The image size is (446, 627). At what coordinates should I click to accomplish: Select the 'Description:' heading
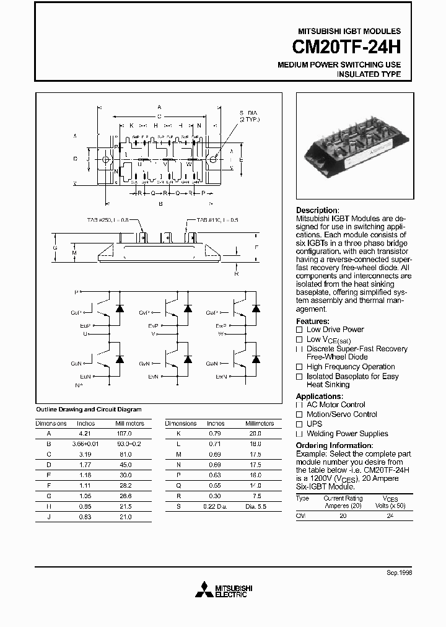[x=318, y=211]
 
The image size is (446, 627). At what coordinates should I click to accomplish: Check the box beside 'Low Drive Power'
[x=299, y=330]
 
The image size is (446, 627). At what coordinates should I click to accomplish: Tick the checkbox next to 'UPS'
[x=299, y=424]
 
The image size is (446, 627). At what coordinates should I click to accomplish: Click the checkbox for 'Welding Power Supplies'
[x=299, y=434]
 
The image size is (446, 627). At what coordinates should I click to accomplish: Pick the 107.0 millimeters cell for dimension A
[x=129, y=434]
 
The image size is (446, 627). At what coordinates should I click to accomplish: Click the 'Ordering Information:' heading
[x=334, y=445]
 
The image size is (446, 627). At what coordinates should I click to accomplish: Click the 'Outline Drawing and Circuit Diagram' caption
[x=89, y=410]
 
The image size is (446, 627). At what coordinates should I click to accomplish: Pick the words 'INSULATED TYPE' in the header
[x=369, y=74]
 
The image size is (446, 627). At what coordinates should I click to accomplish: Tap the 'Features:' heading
[x=313, y=321]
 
